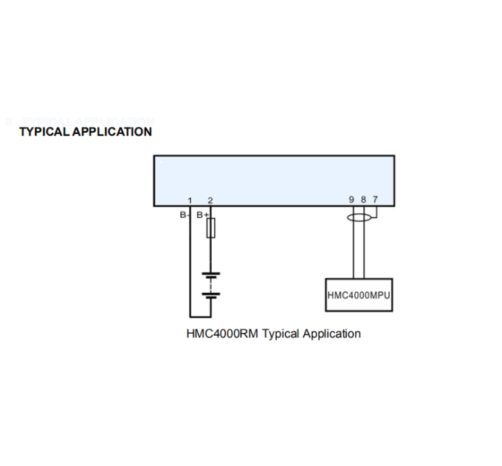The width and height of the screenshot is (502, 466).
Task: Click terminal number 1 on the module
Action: point(190,200)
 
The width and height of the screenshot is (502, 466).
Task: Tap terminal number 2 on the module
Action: point(210,200)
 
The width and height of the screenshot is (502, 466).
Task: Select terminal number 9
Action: point(351,200)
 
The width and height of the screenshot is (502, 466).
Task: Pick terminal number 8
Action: point(363,200)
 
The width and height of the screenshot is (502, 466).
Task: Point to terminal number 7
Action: point(375,200)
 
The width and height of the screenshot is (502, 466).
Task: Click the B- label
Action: point(183,215)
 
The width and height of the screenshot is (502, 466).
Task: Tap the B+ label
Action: point(202,215)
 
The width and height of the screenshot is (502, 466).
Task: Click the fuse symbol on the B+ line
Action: point(210,228)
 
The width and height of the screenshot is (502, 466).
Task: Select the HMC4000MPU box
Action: point(359,294)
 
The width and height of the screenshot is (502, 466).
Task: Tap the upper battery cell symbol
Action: point(210,275)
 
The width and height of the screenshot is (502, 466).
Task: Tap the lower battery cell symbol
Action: point(210,295)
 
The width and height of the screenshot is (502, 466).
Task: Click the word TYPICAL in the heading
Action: point(44,132)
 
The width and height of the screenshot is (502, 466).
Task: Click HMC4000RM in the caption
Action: point(222,334)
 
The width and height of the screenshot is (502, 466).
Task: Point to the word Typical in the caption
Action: point(281,334)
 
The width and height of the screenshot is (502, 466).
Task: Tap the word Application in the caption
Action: point(331,334)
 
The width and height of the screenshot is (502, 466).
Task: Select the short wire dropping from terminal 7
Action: point(376,212)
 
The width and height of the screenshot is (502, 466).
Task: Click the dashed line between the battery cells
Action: point(210,286)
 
